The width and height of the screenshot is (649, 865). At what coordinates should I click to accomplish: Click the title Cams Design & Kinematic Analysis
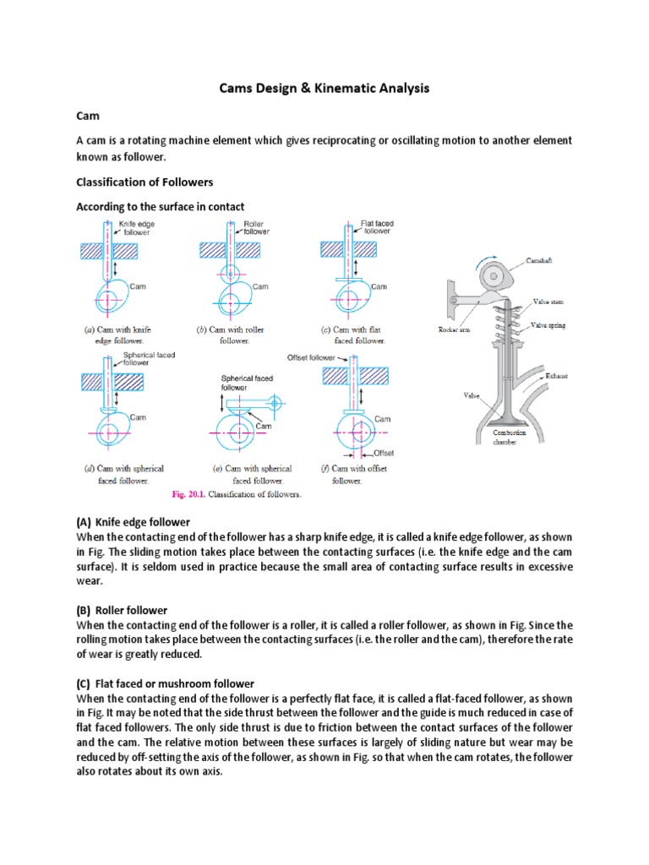coord(324,87)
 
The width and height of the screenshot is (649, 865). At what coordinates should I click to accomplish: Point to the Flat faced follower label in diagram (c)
coord(377,227)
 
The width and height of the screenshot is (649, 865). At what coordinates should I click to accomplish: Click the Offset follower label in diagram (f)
coord(311,358)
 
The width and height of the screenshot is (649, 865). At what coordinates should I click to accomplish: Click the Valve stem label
coord(547,301)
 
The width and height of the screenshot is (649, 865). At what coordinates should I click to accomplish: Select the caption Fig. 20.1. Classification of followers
coord(237,494)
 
